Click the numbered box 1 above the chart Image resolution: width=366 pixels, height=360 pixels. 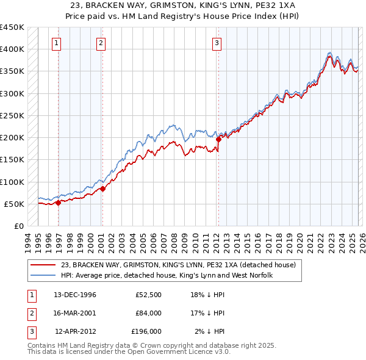point(56,43)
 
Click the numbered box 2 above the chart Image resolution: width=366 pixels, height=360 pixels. point(100,43)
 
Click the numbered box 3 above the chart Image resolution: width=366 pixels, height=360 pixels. point(217,43)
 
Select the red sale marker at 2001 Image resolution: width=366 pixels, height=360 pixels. point(102,189)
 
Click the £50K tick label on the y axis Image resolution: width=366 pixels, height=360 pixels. point(14,204)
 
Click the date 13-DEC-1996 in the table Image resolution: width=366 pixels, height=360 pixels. point(74,295)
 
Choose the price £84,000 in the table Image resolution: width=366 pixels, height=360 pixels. point(148,313)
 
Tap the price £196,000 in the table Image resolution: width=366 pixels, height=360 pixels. point(146,331)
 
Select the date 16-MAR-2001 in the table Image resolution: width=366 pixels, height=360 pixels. point(74,313)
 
